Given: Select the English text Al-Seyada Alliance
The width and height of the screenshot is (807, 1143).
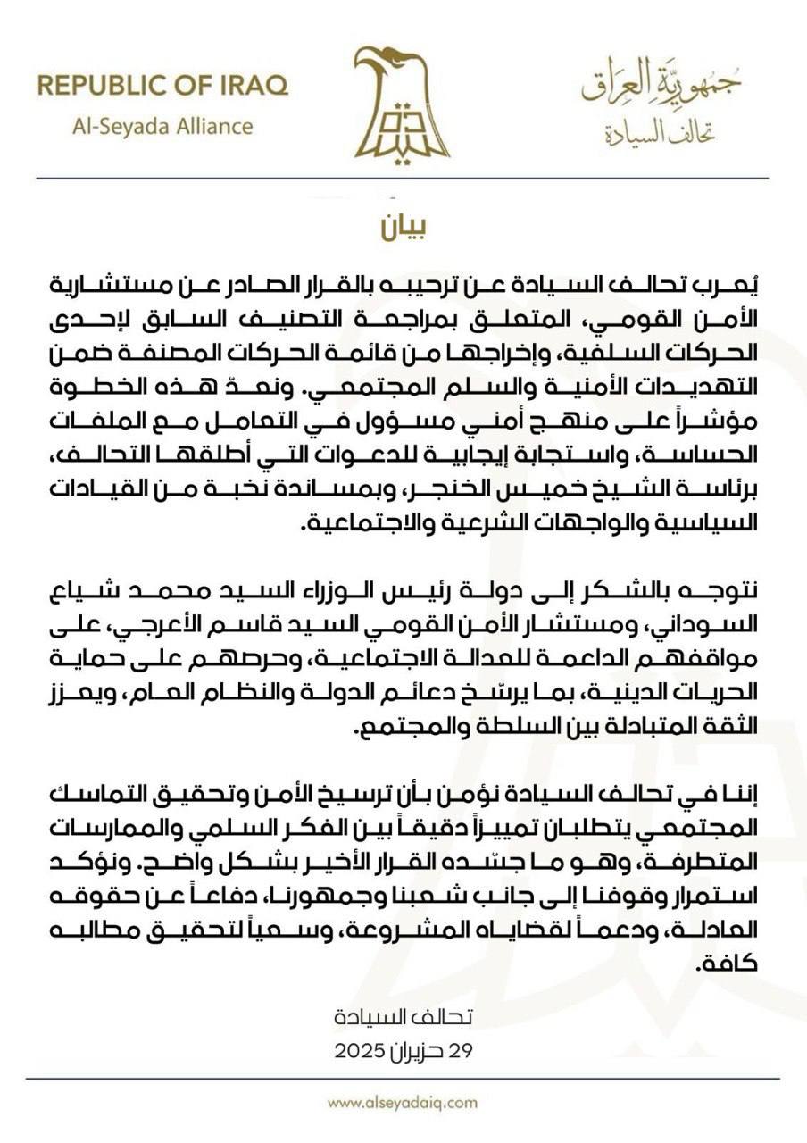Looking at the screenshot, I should [x=162, y=125].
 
